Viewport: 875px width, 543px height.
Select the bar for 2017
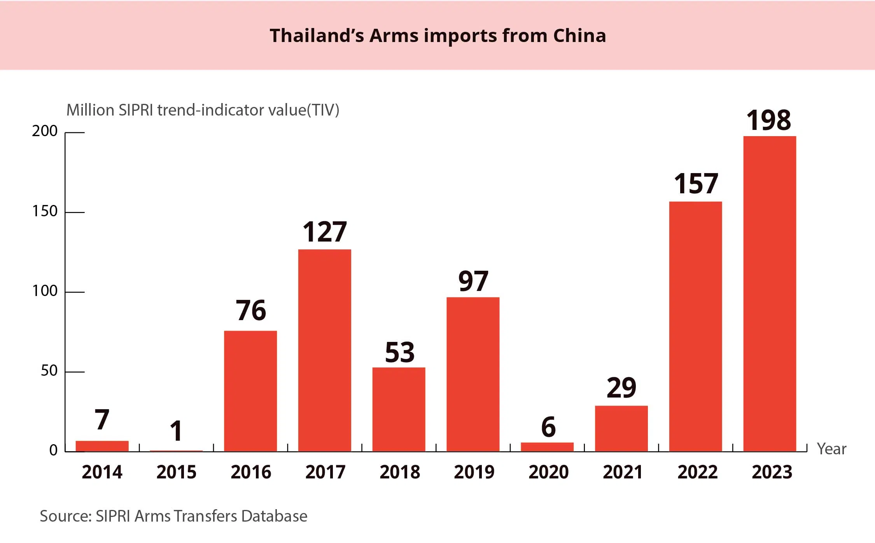point(324,350)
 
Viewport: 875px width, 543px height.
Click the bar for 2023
point(769,294)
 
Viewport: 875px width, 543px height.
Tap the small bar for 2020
point(547,447)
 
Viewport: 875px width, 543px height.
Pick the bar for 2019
point(472,374)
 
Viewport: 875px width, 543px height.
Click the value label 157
point(696,184)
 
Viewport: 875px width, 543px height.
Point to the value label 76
point(251,311)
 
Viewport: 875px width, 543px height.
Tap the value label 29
point(621,388)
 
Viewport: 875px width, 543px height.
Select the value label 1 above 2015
point(176,431)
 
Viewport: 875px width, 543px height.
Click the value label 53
point(399,352)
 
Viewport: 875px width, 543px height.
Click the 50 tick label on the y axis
point(49,371)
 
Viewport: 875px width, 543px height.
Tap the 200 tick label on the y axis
point(45,131)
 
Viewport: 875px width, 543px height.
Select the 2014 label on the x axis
point(102,472)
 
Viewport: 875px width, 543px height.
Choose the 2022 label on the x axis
point(697,472)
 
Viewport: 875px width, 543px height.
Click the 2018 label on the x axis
point(399,472)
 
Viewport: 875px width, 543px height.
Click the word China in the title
point(579,36)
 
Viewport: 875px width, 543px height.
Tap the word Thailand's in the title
point(317,36)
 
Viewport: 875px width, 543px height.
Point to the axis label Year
point(831,449)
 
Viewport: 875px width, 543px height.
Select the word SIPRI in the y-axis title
point(136,110)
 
